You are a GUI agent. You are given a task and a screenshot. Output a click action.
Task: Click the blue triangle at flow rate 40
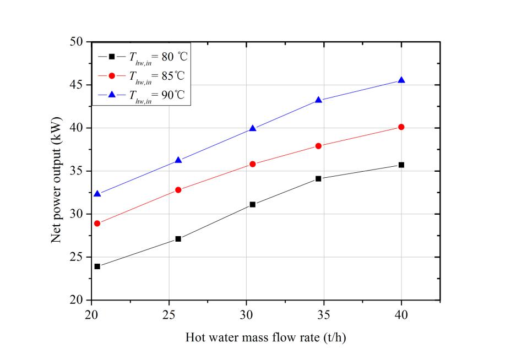pyautogui.click(x=401, y=80)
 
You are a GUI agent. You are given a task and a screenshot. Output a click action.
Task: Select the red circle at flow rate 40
pyautogui.click(x=401, y=127)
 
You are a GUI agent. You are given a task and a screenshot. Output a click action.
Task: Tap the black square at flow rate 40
pyautogui.click(x=401, y=165)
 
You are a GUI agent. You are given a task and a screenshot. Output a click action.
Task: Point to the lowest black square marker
pyautogui.click(x=97, y=266)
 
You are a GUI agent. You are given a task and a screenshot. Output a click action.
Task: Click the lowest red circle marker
pyautogui.click(x=97, y=223)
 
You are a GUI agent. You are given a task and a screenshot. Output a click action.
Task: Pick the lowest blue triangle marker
pyautogui.click(x=97, y=194)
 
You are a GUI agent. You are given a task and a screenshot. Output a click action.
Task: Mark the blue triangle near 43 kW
pyautogui.click(x=318, y=100)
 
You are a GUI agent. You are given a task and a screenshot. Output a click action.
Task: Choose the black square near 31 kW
pyautogui.click(x=253, y=204)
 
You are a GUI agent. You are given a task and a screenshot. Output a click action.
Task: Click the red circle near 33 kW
pyautogui.click(x=178, y=190)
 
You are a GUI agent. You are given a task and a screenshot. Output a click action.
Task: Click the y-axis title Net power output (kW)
pyautogui.click(x=56, y=171)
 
